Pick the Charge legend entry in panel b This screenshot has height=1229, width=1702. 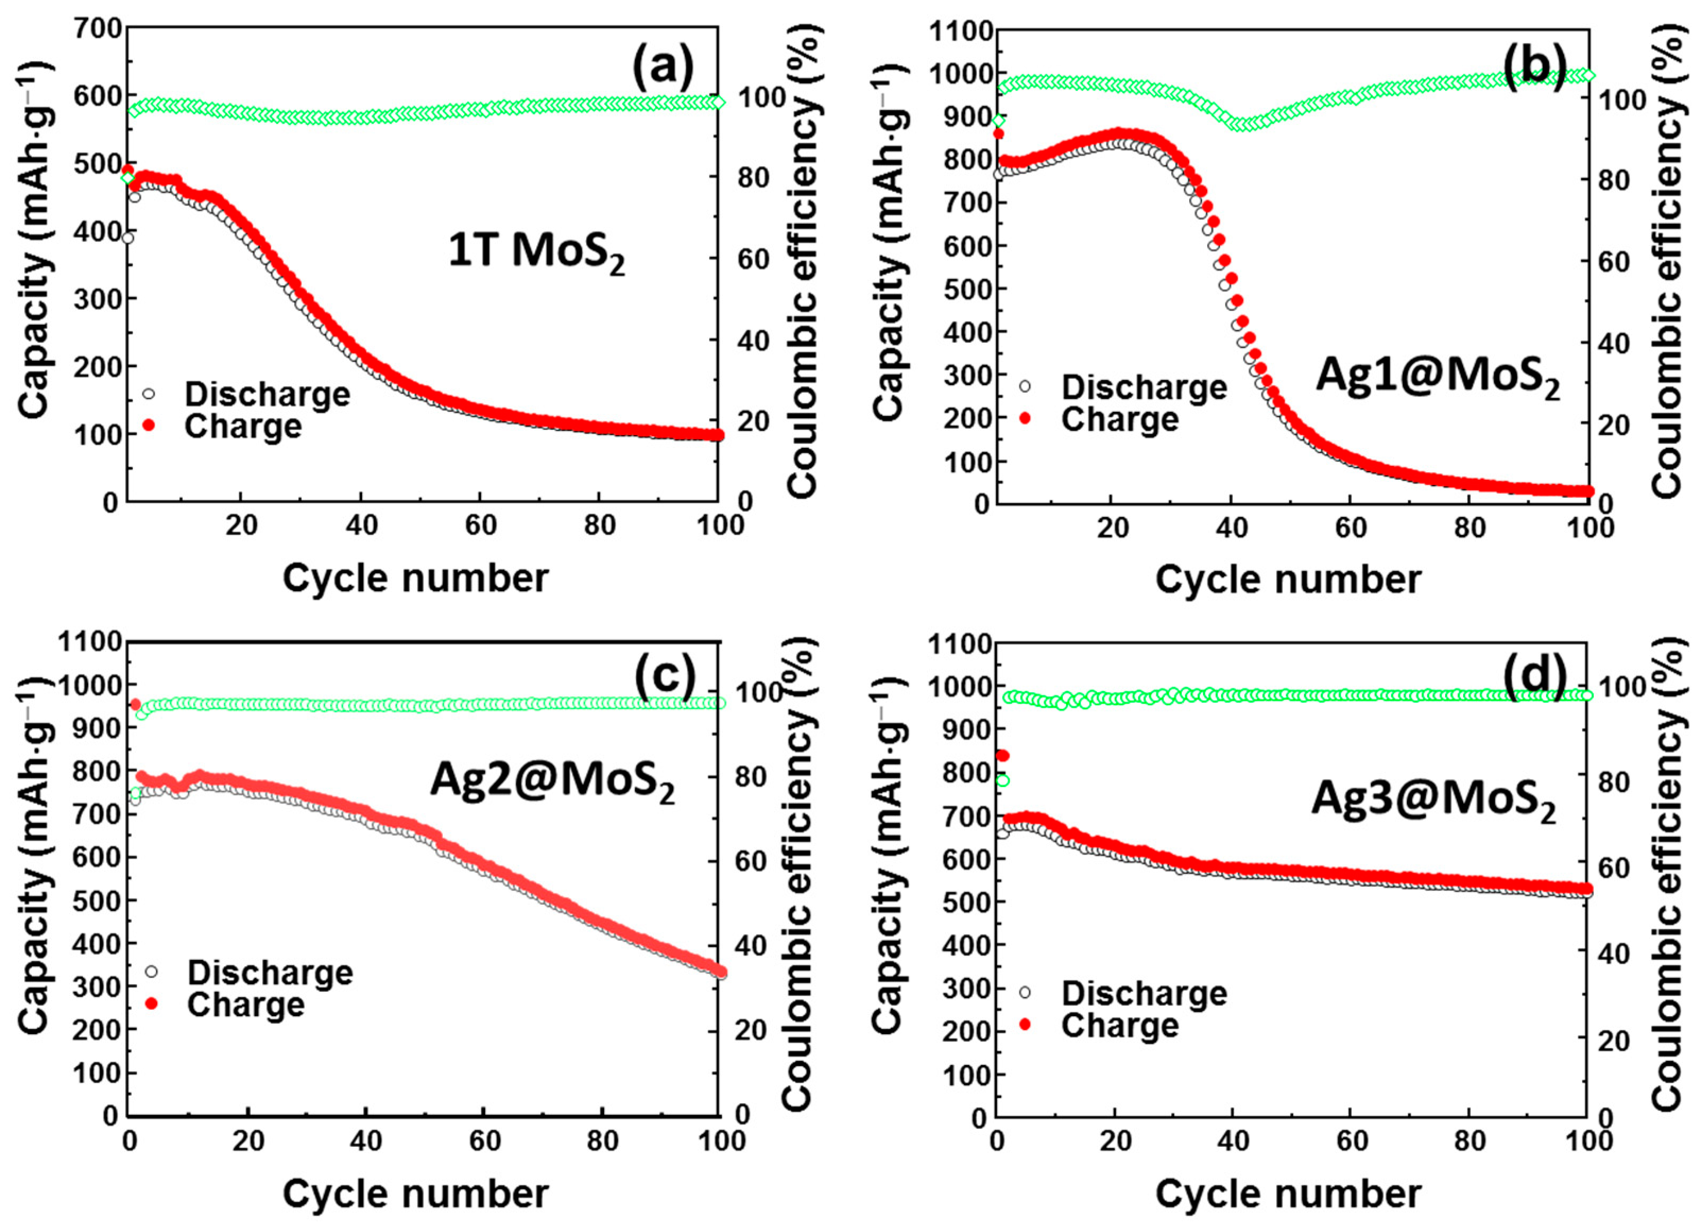(x=1119, y=419)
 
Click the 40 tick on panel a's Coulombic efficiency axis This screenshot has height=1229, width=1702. (x=753, y=341)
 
